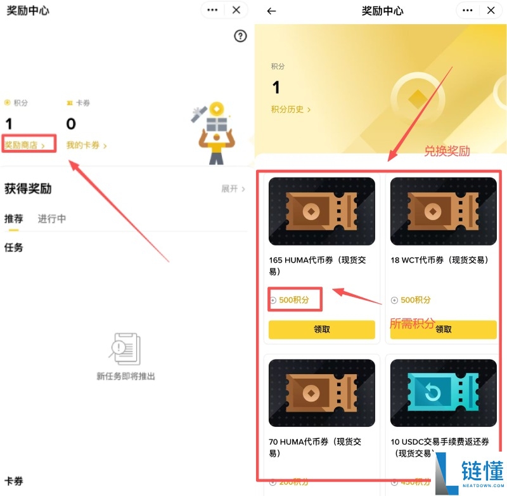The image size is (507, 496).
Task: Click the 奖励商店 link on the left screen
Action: pos(25,145)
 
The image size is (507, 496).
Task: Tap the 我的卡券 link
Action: pos(86,145)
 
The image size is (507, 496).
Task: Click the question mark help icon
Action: pos(240,36)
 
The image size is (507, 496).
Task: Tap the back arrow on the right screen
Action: pos(272,11)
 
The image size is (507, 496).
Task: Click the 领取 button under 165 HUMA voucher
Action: pos(322,329)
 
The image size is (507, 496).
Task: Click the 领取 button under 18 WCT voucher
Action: pos(444,329)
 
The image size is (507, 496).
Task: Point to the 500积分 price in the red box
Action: pos(294,300)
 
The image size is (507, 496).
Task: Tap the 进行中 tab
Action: pos(52,219)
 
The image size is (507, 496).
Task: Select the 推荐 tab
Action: pos(14,219)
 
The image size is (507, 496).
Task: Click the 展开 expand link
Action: pos(233,189)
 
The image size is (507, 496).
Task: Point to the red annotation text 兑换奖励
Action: pos(447,151)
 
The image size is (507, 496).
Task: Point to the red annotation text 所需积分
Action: pos(412,323)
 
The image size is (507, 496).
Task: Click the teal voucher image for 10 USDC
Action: pos(444,393)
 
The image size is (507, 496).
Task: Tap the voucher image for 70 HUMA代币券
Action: pos(322,393)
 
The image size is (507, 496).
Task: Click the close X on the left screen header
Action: pos(236,10)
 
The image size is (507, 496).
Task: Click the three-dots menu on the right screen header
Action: pos(468,10)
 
